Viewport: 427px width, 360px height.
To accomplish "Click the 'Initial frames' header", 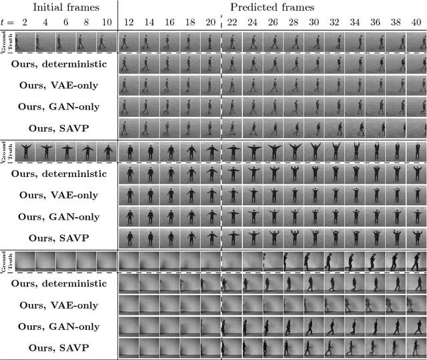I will click(x=60, y=7).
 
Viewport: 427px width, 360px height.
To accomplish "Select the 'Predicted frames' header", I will click(x=272, y=7).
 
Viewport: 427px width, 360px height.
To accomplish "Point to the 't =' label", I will click(x=8, y=23).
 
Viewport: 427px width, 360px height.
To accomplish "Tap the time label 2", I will click(x=25, y=23).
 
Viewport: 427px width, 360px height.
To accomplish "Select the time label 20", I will click(x=211, y=23).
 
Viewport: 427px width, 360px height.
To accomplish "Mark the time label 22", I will click(x=232, y=23).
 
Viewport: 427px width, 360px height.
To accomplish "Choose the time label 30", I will click(x=314, y=23).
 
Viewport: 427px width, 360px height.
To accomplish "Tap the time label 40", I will click(x=416, y=23).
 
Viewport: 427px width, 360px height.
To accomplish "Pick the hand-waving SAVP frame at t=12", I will click(x=128, y=237).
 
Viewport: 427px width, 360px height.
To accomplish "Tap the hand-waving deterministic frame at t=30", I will click(x=314, y=174).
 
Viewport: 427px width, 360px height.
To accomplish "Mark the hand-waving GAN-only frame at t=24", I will click(x=252, y=216).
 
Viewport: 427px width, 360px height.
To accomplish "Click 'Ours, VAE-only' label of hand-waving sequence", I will click(x=58, y=196).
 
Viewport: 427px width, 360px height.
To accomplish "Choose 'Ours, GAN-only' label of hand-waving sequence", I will click(x=58, y=217).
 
